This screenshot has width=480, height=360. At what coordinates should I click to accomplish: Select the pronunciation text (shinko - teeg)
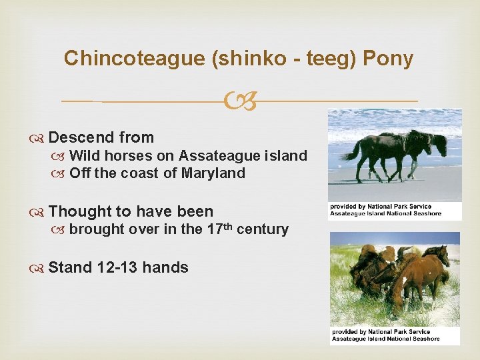[284, 59]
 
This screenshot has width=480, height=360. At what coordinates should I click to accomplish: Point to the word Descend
[81, 138]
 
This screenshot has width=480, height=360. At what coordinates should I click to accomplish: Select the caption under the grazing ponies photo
[385, 335]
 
